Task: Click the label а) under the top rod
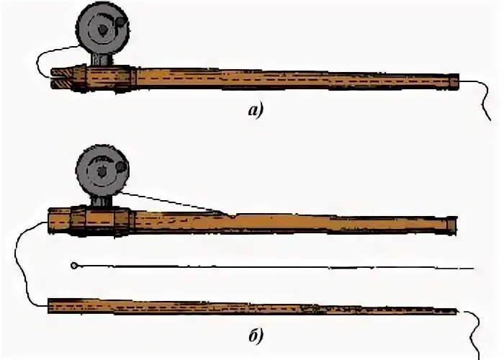(x=253, y=110)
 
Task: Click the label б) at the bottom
(x=254, y=335)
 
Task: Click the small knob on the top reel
(x=124, y=27)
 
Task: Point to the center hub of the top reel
(x=102, y=30)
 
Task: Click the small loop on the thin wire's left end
(x=75, y=266)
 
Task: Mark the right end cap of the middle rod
(x=451, y=225)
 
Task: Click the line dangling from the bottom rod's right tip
(x=473, y=328)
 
